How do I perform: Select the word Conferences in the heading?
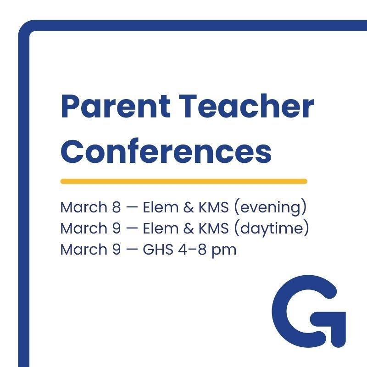click(x=166, y=151)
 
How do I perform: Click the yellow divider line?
click(x=184, y=181)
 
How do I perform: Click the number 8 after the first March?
click(x=117, y=207)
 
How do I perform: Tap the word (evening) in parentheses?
click(x=270, y=207)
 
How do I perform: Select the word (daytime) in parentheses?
click(x=272, y=228)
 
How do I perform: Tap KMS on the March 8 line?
click(x=213, y=207)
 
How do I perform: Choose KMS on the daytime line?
click(x=213, y=228)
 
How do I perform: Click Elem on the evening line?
click(x=161, y=207)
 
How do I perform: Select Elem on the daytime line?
click(x=161, y=228)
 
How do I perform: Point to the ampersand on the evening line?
click(x=189, y=207)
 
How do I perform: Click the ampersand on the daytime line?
click(x=189, y=228)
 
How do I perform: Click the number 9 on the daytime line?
click(x=117, y=228)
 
